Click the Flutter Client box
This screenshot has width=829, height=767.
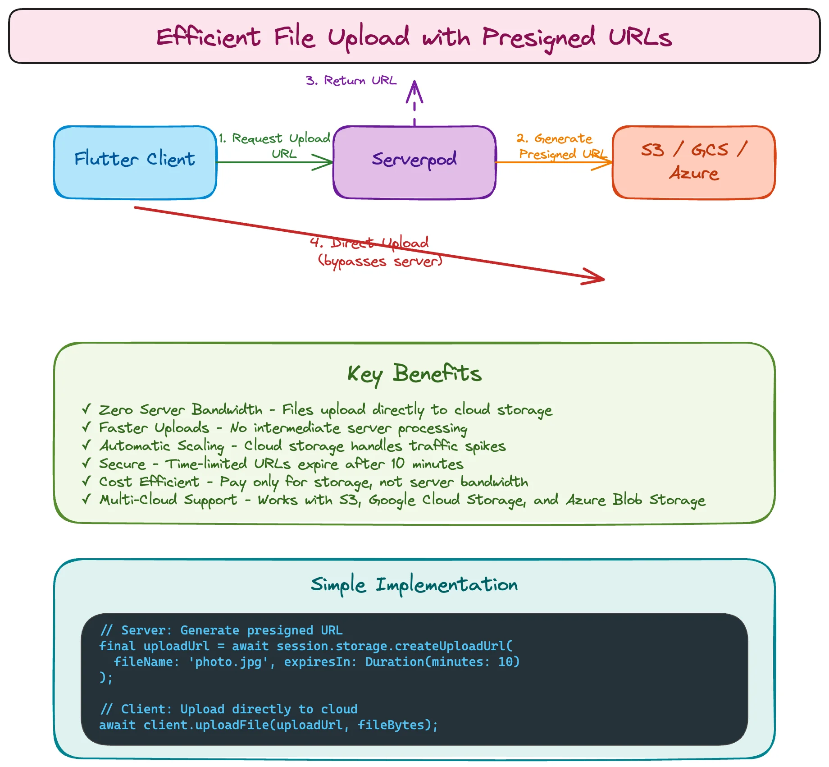(135, 162)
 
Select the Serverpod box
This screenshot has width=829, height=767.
(414, 162)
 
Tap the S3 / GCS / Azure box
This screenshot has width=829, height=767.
(694, 162)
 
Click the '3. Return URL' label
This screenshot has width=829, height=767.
(351, 81)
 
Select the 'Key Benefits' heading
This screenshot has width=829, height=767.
(414, 374)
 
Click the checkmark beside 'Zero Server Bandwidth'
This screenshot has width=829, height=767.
(87, 409)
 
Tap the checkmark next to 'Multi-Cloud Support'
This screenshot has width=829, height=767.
(87, 499)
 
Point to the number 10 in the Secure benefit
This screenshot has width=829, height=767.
(397, 464)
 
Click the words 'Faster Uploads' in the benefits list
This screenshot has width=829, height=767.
(154, 427)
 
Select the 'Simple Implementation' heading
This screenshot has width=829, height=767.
(414, 585)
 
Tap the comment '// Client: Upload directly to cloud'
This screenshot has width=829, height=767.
(229, 709)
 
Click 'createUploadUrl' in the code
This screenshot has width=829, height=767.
(450, 646)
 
